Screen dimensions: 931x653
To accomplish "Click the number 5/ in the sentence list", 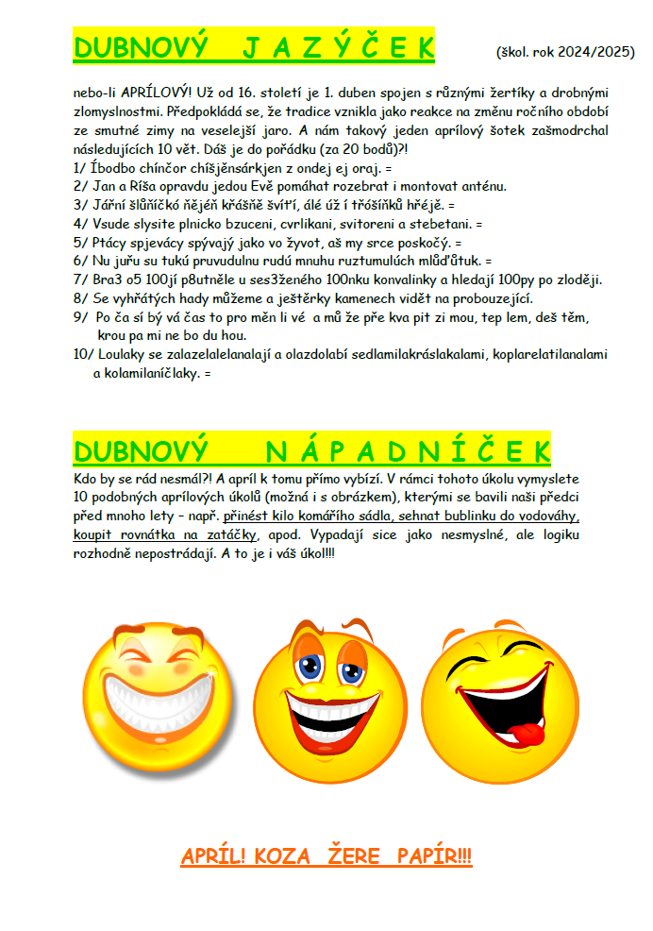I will click(79, 242).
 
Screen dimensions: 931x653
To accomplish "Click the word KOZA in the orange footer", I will click(286, 857).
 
